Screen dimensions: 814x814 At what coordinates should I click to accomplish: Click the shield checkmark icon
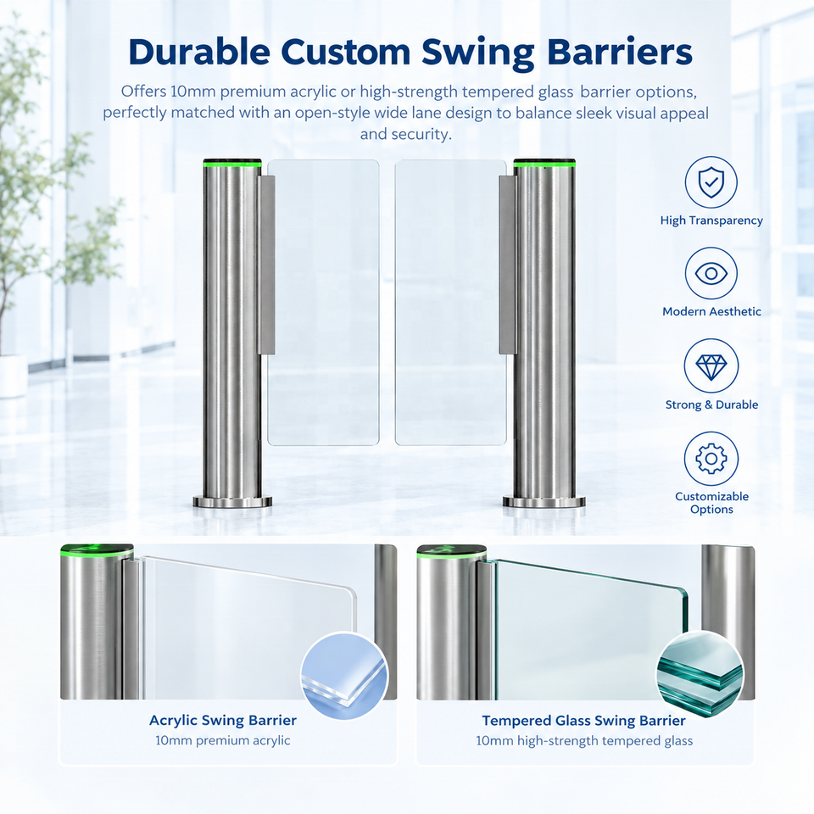tap(711, 182)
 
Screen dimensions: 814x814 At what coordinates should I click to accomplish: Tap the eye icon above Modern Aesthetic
tap(711, 274)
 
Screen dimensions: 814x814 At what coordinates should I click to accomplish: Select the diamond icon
tap(711, 366)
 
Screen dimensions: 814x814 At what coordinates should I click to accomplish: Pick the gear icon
tap(711, 459)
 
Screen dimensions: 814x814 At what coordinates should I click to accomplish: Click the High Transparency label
tap(711, 220)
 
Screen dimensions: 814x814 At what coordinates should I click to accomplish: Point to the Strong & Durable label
tap(711, 405)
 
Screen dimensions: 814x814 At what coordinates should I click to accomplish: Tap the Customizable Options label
tap(711, 503)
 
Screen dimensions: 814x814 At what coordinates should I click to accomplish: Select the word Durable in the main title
tap(198, 52)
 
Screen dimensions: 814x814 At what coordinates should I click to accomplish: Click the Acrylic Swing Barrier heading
tap(223, 721)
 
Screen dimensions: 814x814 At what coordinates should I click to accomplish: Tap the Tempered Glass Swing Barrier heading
tap(583, 721)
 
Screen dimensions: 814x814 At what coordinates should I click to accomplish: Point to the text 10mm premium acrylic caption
tap(223, 740)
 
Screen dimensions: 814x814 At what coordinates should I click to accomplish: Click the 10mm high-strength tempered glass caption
tap(584, 741)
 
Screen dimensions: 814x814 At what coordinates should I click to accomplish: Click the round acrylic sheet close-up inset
tap(344, 676)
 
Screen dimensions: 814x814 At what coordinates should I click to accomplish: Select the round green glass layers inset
tap(700, 675)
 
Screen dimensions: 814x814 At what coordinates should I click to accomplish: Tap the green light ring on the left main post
tap(232, 165)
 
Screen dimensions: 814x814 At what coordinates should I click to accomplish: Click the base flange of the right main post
tap(544, 502)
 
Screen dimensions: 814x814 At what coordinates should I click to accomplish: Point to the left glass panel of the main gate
tap(323, 302)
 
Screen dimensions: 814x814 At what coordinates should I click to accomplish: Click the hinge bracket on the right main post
tap(507, 265)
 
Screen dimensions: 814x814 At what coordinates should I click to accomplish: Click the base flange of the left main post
tap(232, 502)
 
